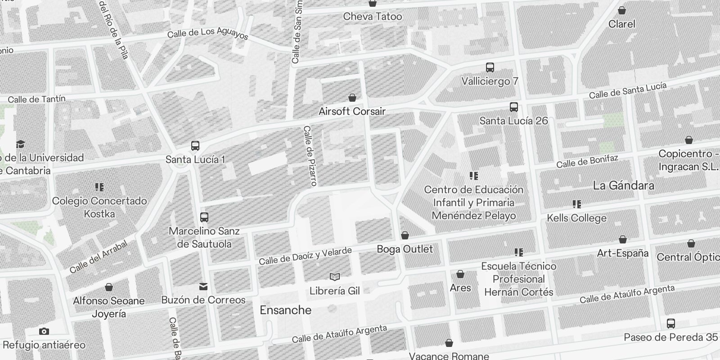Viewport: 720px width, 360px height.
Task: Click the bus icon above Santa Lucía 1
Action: [195, 146]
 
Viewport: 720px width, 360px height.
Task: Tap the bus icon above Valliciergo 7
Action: [490, 67]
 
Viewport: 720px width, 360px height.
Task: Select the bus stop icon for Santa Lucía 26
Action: [514, 107]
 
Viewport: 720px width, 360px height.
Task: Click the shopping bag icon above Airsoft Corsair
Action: [352, 98]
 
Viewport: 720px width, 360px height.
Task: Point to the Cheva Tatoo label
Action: [372, 17]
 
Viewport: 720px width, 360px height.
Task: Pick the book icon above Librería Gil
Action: [334, 277]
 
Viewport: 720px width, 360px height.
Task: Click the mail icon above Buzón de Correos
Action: [203, 286]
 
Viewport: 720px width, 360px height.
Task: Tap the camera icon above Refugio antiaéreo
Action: [44, 332]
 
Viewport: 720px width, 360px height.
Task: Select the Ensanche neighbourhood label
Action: [285, 310]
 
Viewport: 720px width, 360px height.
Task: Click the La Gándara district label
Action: [623, 185]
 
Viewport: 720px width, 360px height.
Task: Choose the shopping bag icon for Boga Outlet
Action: [405, 235]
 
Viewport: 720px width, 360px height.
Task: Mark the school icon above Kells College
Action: [576, 204]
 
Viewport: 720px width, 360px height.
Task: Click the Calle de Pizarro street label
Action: [310, 156]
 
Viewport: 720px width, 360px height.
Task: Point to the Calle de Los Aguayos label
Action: [207, 33]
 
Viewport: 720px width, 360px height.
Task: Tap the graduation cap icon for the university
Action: [20, 144]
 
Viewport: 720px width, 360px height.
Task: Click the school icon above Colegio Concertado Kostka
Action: [99, 187]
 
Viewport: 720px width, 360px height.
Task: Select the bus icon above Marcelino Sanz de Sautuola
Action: [204, 217]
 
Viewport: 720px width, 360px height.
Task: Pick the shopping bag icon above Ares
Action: [460, 274]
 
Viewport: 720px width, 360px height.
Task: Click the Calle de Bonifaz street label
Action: [587, 161]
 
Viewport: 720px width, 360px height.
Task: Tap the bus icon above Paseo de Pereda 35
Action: [670, 323]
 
